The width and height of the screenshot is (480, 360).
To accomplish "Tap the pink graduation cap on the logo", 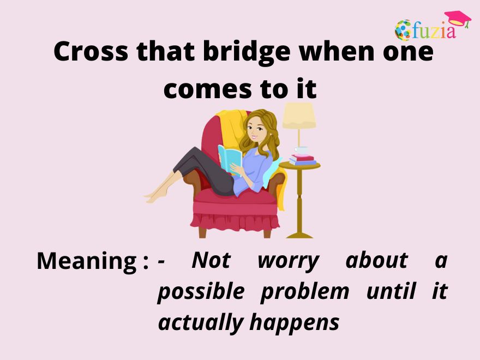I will [457, 18].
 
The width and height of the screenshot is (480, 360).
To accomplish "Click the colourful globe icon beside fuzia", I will [404, 30].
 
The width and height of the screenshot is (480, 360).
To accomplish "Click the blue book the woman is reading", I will [230, 158].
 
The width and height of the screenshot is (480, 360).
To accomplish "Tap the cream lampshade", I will [298, 116].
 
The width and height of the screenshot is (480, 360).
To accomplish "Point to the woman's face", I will [255, 130].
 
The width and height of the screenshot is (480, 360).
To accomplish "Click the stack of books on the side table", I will [302, 160].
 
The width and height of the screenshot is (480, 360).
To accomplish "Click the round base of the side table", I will [299, 235].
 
